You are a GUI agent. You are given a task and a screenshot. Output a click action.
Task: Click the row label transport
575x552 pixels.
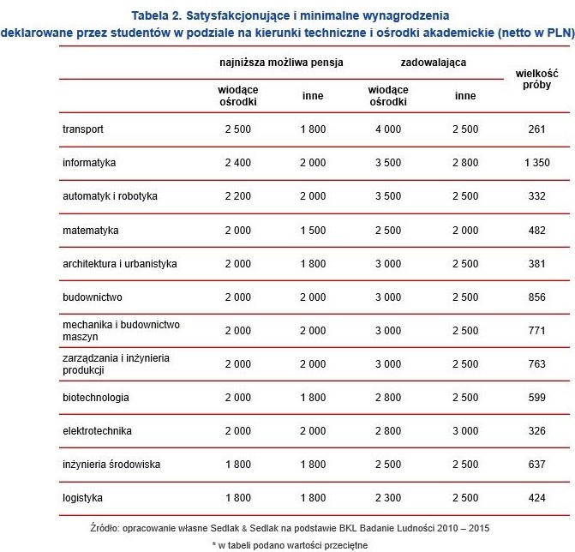pos(83,129)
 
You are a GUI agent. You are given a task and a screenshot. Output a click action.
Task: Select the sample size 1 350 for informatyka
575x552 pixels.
pos(536,163)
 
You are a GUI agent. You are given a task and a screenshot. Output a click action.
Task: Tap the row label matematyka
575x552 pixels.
pos(91,230)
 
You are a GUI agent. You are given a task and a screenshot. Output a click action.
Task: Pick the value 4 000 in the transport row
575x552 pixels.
pos(388,129)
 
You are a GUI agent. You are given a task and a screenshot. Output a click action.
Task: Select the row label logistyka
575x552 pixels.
pos(83,497)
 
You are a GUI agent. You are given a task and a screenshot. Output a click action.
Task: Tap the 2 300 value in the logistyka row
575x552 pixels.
pos(388,497)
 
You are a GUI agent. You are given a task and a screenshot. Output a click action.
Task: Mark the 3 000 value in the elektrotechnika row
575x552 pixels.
pos(465,430)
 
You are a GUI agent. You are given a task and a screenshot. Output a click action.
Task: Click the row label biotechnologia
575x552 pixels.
pos(96,397)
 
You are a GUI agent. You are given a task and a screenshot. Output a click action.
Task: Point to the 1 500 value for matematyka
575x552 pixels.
pos(313,230)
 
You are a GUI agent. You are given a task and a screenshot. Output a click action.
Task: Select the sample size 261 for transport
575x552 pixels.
pos(536,129)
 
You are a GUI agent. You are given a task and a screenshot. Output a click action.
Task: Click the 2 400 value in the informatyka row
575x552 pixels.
pos(238,163)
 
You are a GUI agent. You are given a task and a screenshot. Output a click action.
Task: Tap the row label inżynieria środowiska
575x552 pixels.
pos(111,464)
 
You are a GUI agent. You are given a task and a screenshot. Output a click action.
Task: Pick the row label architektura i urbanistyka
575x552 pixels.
pos(120,263)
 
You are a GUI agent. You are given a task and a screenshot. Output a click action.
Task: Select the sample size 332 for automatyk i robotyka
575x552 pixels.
pos(536,196)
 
